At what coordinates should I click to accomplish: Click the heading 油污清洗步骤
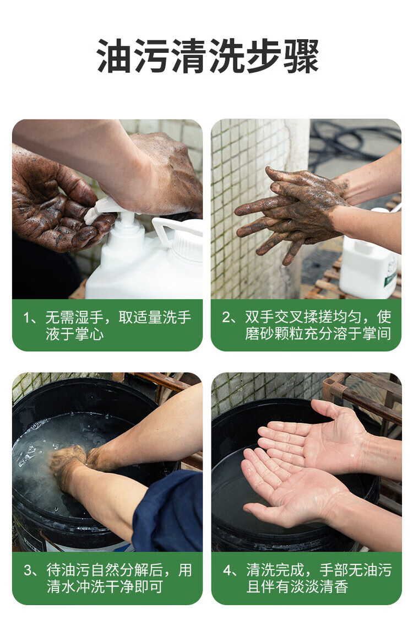tap(208, 56)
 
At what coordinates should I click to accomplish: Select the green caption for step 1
tap(107, 325)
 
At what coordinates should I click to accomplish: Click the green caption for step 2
tap(306, 325)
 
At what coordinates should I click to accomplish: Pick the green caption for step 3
tap(107, 578)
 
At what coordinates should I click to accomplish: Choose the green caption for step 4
tap(306, 578)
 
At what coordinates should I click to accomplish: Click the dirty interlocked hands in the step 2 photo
tap(292, 211)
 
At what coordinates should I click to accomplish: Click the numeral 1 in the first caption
tap(27, 317)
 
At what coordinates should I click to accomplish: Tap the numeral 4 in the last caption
tap(227, 570)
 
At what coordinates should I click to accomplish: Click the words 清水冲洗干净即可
tap(105, 587)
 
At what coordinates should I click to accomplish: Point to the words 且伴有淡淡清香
tap(297, 587)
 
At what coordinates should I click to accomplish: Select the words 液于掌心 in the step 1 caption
tap(74, 334)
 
